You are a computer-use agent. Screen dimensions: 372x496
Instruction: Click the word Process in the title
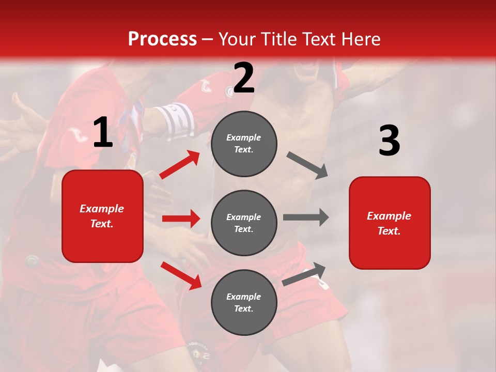pyautogui.click(x=162, y=39)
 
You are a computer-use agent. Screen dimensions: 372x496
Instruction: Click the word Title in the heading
pyautogui.click(x=278, y=39)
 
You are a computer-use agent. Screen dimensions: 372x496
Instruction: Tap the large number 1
pyautogui.click(x=103, y=133)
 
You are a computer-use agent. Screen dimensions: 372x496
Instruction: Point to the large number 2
pyautogui.click(x=244, y=78)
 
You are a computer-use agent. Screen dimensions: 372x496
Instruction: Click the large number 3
pyautogui.click(x=389, y=141)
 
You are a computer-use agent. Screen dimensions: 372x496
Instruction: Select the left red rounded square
pyautogui.click(x=102, y=216)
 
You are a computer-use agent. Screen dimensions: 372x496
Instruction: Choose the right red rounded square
pyautogui.click(x=390, y=223)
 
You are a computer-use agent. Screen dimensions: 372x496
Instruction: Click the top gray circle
pyautogui.click(x=244, y=144)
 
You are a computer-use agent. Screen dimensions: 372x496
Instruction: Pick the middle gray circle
pyautogui.click(x=244, y=223)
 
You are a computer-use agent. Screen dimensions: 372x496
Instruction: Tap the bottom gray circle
pyautogui.click(x=244, y=302)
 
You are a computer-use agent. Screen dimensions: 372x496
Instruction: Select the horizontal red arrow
pyautogui.click(x=181, y=219)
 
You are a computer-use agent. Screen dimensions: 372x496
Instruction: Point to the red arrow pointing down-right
pyautogui.click(x=181, y=275)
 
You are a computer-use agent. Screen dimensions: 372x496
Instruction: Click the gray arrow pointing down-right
pyautogui.click(x=307, y=165)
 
